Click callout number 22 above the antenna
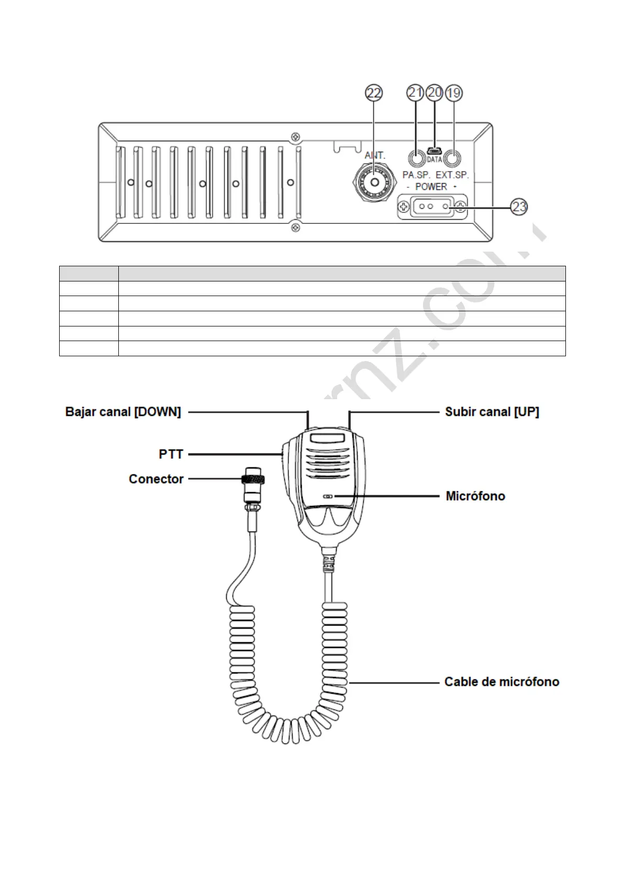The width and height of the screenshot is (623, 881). [x=374, y=93]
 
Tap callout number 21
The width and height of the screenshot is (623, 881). [x=416, y=93]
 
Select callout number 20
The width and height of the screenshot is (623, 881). [x=435, y=93]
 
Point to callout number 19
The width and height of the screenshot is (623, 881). [x=453, y=93]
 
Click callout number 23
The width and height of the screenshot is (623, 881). [x=519, y=207]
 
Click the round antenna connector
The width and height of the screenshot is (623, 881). [x=374, y=182]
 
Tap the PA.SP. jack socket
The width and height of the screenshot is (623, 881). [x=416, y=159]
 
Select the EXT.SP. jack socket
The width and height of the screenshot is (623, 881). [x=453, y=159]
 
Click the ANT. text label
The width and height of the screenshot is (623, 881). [x=375, y=155]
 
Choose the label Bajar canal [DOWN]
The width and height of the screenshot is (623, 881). [x=123, y=412]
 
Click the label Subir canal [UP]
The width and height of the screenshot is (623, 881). [x=492, y=412]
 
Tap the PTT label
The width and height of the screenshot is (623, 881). [x=171, y=454]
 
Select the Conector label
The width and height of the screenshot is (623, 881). [x=156, y=479]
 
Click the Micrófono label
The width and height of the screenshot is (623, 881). [x=475, y=496]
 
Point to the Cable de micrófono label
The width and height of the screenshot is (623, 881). [x=502, y=682]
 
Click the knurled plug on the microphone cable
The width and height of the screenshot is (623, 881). [x=252, y=480]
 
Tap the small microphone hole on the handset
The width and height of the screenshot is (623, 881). [x=328, y=495]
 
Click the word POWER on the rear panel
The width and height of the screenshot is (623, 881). [x=431, y=187]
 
